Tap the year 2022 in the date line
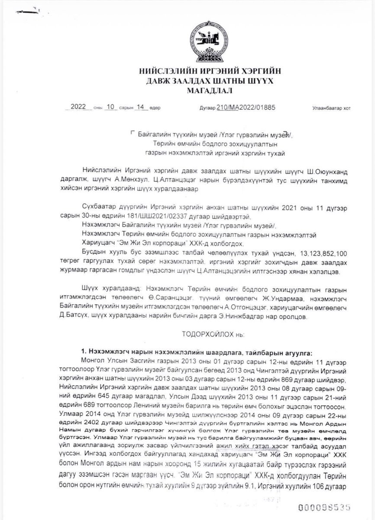pyautogui.click(x=79, y=108)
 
